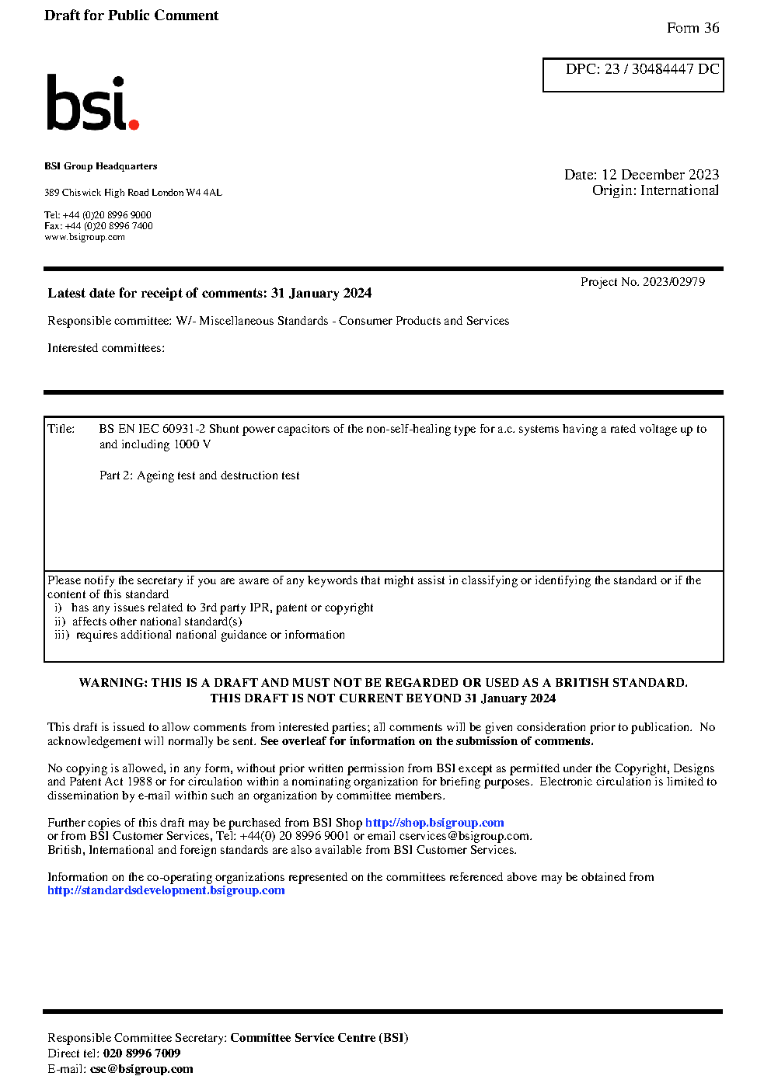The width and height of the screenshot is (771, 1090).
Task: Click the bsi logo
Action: (92, 103)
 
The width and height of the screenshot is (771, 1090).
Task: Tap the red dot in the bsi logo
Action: (134, 124)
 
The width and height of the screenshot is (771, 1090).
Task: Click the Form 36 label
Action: (693, 28)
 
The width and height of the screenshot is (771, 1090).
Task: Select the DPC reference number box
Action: (633, 75)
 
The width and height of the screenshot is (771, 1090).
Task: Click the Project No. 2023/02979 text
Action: (642, 282)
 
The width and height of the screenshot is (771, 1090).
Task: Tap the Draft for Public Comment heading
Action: (131, 16)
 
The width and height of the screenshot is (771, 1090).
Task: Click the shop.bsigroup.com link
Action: (434, 823)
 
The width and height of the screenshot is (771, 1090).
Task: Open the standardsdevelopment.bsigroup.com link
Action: (166, 890)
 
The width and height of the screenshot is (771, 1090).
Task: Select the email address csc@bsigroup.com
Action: (141, 1069)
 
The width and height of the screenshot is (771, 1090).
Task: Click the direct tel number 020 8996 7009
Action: (141, 1053)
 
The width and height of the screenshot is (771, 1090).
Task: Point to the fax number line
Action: (99, 226)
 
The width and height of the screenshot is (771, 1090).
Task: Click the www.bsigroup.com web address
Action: (85, 237)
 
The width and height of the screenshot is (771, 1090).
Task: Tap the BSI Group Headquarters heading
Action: (100, 166)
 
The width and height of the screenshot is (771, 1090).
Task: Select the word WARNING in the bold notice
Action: (113, 683)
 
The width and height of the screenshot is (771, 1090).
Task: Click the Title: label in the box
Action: (61, 429)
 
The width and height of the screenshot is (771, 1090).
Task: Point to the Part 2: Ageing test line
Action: (199, 475)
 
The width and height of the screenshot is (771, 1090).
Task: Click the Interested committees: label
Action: (106, 348)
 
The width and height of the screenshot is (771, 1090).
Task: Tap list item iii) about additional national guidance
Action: (200, 635)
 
